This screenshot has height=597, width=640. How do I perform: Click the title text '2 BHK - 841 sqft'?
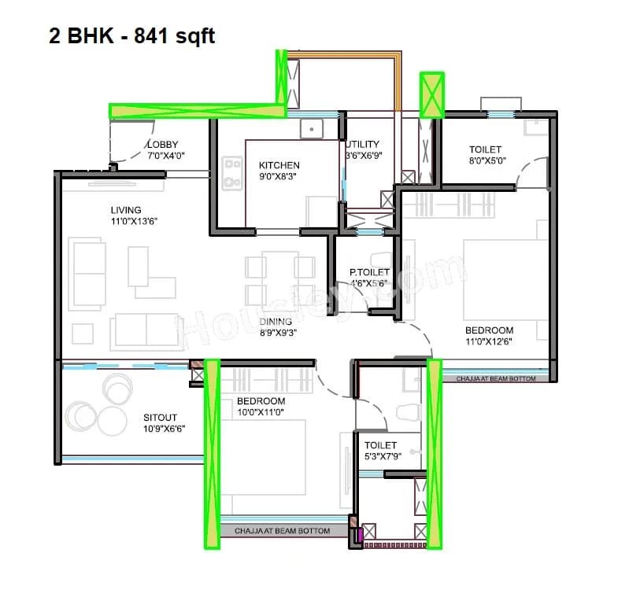coord(131,36)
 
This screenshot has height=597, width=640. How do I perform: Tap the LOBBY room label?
coord(163,145)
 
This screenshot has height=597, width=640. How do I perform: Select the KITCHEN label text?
coord(279,165)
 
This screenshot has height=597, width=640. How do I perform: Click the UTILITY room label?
coord(362,145)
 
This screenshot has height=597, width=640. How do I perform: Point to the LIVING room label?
coord(126,210)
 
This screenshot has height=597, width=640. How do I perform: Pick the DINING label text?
coord(276,321)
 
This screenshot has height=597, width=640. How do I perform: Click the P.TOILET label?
coord(369,273)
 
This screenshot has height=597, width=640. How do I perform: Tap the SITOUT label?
coord(160,418)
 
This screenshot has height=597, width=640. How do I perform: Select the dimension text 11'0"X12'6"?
coord(489,341)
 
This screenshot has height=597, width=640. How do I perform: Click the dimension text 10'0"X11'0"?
coord(260,412)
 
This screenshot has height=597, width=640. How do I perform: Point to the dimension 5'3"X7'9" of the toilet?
coord(380,456)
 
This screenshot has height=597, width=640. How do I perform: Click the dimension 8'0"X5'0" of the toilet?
coord(485,160)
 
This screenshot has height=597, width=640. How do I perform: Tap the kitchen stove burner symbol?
coord(232,173)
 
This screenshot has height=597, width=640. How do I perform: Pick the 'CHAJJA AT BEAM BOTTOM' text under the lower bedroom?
coord(282,532)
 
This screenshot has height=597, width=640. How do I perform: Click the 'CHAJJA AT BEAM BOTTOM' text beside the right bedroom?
coord(496,379)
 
